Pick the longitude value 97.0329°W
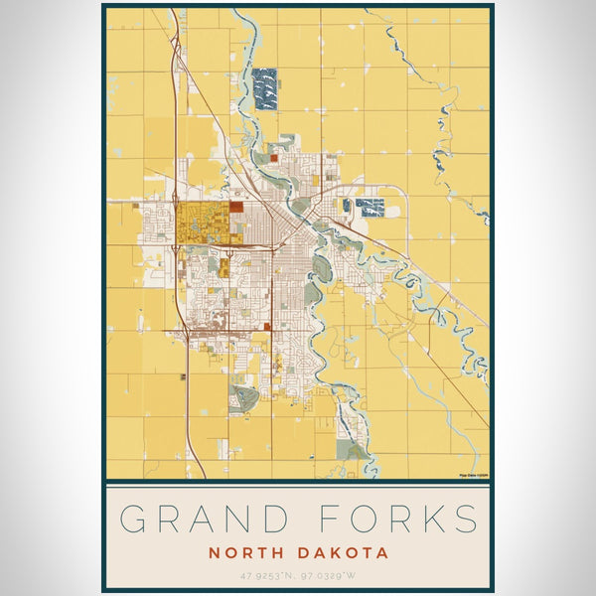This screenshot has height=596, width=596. (x=335, y=575)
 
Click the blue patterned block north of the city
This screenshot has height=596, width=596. (x=265, y=87)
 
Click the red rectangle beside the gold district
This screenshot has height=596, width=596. (x=235, y=207)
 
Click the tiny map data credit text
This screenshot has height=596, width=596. (x=473, y=475)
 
